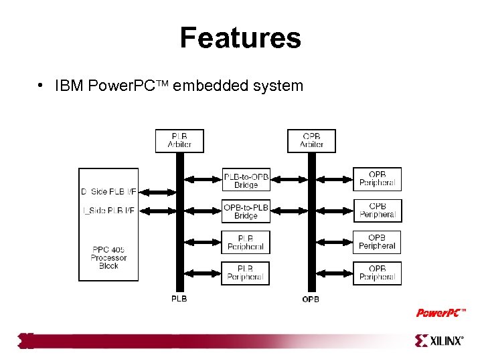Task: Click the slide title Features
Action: (240, 38)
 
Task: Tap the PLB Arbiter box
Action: (179, 140)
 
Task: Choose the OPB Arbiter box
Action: (311, 140)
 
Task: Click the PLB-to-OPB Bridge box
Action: (246, 180)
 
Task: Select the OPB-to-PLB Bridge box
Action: (246, 211)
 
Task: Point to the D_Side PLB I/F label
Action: (108, 192)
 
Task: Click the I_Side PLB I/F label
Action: (108, 211)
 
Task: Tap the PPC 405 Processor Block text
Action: (108, 257)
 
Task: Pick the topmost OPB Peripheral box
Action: (377, 179)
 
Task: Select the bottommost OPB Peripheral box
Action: (377, 273)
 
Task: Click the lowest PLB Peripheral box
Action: (246, 273)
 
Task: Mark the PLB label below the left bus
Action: (179, 299)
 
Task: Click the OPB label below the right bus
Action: (311, 299)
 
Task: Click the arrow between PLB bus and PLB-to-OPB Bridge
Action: (204, 179)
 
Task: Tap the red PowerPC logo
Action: (440, 313)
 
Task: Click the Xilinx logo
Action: (439, 341)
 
